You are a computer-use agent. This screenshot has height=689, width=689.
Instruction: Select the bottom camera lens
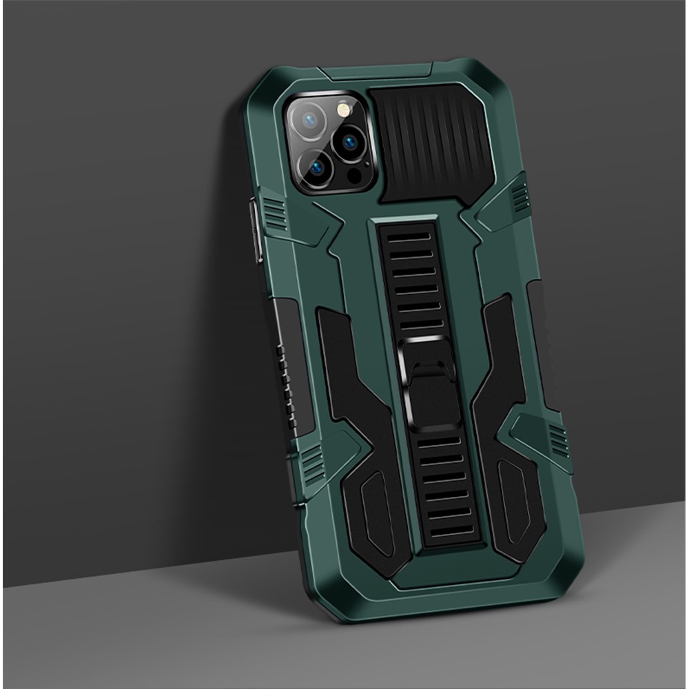[320, 168]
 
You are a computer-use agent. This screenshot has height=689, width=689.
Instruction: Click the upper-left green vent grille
[274, 213]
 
